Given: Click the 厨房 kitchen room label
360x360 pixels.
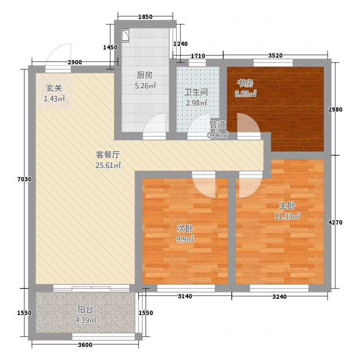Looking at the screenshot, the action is (144, 75).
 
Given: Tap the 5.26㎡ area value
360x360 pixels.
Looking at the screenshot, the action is (145, 86).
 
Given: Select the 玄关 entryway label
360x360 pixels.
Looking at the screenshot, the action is (54, 88).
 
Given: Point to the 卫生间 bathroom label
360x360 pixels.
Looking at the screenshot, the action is (196, 92).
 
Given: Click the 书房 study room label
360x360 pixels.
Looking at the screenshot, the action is (245, 83).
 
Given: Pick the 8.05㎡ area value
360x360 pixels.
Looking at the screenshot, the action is (245, 94).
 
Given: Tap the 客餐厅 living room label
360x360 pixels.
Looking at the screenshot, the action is (108, 155).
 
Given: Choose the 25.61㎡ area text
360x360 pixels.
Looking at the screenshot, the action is (108, 165).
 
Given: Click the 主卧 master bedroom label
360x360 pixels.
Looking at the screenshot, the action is (287, 206).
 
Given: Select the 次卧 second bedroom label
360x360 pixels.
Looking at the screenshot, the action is (185, 229).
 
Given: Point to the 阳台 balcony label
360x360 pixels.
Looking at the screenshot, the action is (85, 310).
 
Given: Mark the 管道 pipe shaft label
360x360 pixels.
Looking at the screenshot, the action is (217, 125).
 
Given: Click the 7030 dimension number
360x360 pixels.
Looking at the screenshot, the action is (24, 179).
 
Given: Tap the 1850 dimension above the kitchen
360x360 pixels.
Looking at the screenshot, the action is (145, 17).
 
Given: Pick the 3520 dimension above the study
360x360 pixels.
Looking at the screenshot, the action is (275, 55).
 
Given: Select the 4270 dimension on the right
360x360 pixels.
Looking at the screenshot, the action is (335, 222).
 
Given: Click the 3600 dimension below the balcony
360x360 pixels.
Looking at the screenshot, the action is (85, 345).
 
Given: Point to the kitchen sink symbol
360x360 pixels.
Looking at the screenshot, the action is (126, 36).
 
